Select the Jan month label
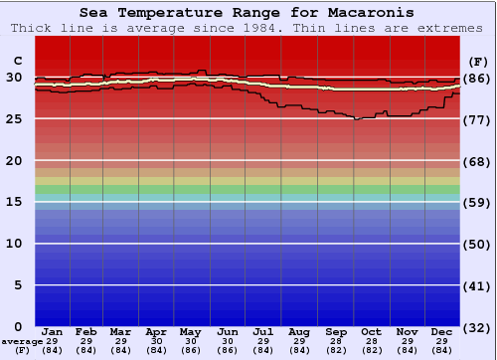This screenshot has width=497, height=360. (53, 331)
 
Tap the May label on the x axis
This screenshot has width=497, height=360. (190, 331)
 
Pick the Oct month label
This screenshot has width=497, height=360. (370, 331)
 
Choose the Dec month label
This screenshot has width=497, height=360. (442, 331)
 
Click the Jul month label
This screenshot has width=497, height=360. (262, 331)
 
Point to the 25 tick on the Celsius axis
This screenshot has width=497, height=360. (14, 119)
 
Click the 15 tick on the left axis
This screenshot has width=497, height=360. (14, 202)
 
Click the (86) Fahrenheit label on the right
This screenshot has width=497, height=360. (477, 79)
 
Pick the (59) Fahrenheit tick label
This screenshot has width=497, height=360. (477, 203)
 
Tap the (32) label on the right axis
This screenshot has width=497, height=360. (477, 327)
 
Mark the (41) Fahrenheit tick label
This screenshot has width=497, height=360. (477, 286)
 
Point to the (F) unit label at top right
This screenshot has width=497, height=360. (477, 62)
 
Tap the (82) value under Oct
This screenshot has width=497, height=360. (370, 350)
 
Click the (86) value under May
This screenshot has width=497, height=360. (190, 350)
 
